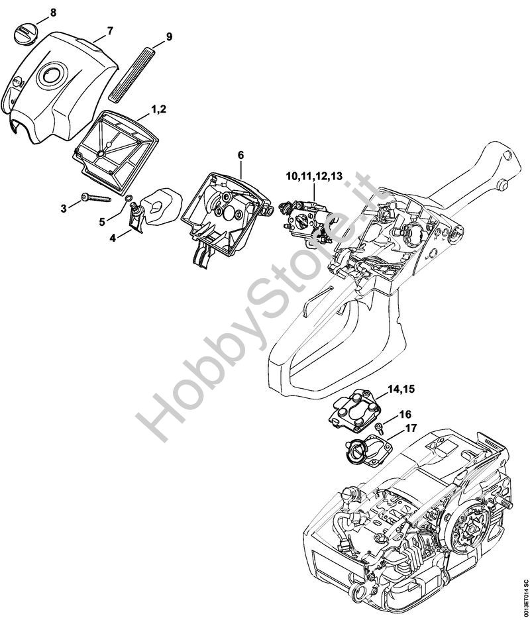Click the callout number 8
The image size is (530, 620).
click(x=53, y=13)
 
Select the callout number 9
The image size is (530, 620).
click(x=169, y=37)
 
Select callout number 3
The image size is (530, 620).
click(x=64, y=209)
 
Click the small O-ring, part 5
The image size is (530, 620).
click(x=128, y=197)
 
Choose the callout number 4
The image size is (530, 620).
click(x=113, y=238)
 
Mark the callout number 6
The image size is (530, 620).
click(x=240, y=156)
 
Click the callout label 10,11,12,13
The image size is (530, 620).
click(x=315, y=176)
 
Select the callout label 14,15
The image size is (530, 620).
click(x=401, y=389)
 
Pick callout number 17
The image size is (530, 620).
click(x=411, y=428)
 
